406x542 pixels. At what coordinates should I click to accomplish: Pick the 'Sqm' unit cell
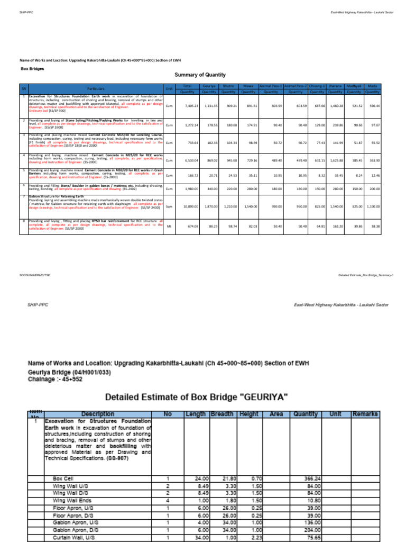pos(169,206)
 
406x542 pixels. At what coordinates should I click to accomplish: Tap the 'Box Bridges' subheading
pos(32,69)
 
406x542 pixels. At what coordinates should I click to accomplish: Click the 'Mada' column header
pos(372,85)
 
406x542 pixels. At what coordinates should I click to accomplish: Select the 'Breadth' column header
pos(222,413)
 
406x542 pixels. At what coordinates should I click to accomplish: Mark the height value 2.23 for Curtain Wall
pos(256,537)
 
